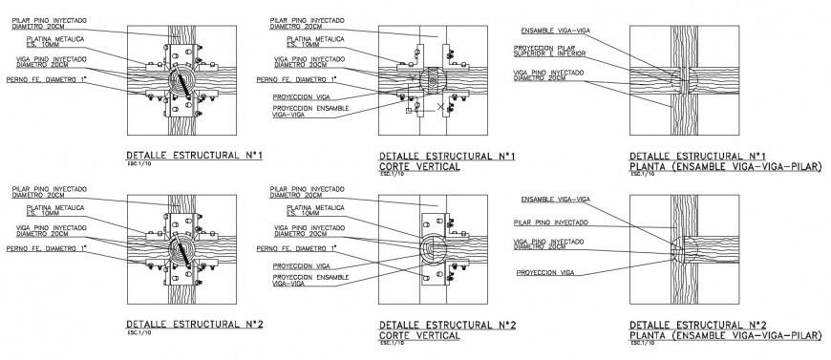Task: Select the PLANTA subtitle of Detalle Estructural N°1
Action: pyautogui.click(x=726, y=166)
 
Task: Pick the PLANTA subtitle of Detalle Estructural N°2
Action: pyautogui.click(x=726, y=336)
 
